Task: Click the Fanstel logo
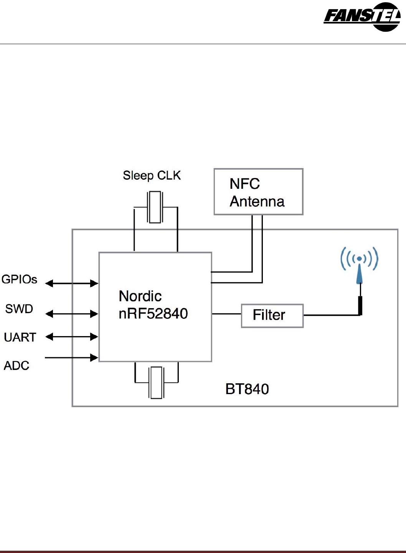pyautogui.click(x=362, y=17)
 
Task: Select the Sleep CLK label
pyautogui.click(x=152, y=176)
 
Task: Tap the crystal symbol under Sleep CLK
pyautogui.click(x=155, y=207)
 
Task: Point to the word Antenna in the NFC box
pyautogui.click(x=257, y=201)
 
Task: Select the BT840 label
pyautogui.click(x=247, y=389)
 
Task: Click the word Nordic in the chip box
pyautogui.click(x=140, y=296)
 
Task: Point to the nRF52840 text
pyautogui.click(x=153, y=314)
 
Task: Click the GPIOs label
pyautogui.click(x=19, y=279)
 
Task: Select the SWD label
pyautogui.click(x=19, y=309)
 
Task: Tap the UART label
pyautogui.click(x=20, y=337)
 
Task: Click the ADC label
pyautogui.click(x=17, y=366)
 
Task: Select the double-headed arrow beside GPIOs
pyautogui.click(x=72, y=284)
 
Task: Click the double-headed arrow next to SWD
pyautogui.click(x=72, y=314)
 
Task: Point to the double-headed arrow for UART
pyautogui.click(x=72, y=337)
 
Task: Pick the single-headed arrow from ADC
pyautogui.click(x=72, y=358)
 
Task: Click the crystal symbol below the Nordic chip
pyautogui.click(x=156, y=383)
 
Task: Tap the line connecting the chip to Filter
pyautogui.click(x=226, y=314)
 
